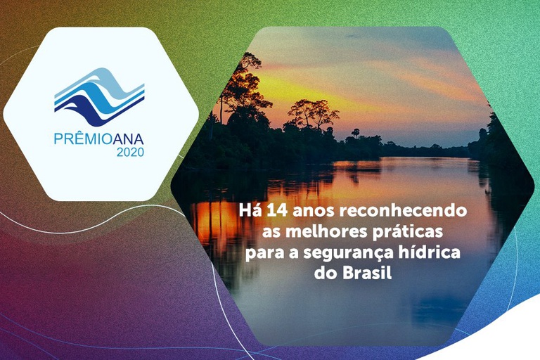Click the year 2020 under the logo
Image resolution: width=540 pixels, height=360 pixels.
click(130, 152)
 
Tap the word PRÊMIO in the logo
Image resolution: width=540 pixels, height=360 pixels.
click(84, 139)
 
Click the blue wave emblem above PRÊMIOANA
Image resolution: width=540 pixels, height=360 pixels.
click(99, 97)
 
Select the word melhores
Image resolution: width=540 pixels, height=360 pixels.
click(326, 231)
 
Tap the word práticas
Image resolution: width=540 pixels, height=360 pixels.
click(407, 232)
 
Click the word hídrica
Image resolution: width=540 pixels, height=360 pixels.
click(430, 252)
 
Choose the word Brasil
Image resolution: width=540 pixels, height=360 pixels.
click(368, 273)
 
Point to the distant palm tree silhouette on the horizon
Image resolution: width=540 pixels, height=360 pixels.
click(355, 133)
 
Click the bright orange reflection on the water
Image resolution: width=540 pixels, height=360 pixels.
click(214, 221)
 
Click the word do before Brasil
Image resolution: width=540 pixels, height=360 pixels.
click(326, 273)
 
